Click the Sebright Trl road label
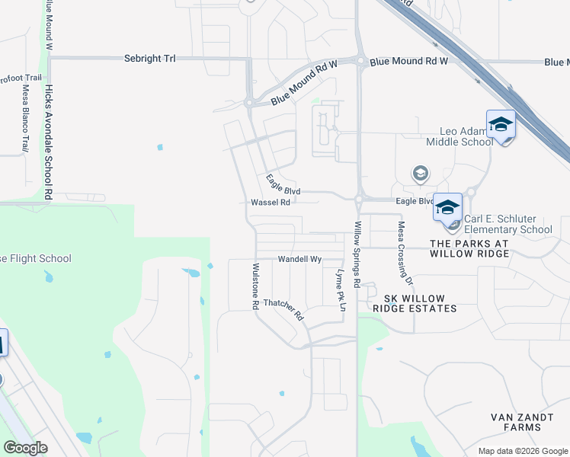(x=149, y=59)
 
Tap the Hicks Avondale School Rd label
(x=48, y=142)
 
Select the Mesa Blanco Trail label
(x=25, y=118)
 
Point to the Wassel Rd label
(x=271, y=203)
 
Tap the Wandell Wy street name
(x=299, y=259)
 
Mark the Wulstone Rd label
(x=255, y=286)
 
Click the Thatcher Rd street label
(x=283, y=308)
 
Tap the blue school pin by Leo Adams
(x=501, y=124)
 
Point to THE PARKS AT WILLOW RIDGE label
(x=469, y=248)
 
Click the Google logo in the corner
(x=25, y=448)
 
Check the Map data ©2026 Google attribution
(x=522, y=451)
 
